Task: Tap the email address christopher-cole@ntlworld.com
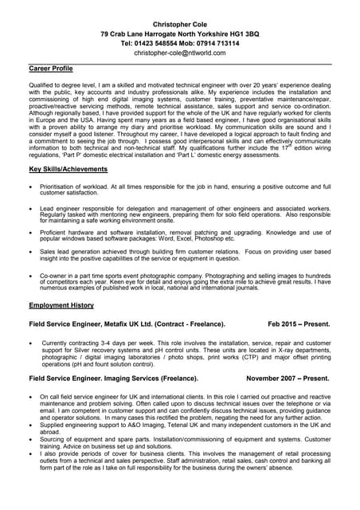pyautogui.click(x=180, y=53)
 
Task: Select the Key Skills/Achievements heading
pyautogui.click(x=68, y=169)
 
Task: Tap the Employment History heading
pyautogui.click(x=61, y=305)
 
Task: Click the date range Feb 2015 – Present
pyautogui.click(x=299, y=324)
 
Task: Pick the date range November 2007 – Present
pyautogui.click(x=288, y=379)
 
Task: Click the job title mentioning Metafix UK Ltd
pyautogui.click(x=127, y=324)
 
